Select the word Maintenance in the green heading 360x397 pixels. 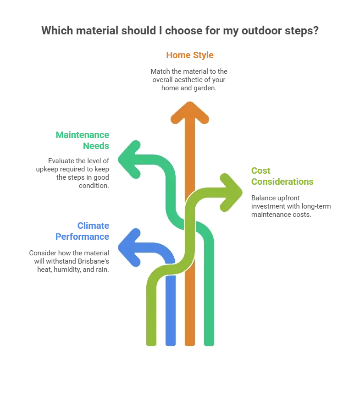point(83,135)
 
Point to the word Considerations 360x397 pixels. point(282,182)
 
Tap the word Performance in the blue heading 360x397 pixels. point(83,237)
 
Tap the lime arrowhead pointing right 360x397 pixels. point(231,192)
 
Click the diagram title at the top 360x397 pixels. point(180,32)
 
